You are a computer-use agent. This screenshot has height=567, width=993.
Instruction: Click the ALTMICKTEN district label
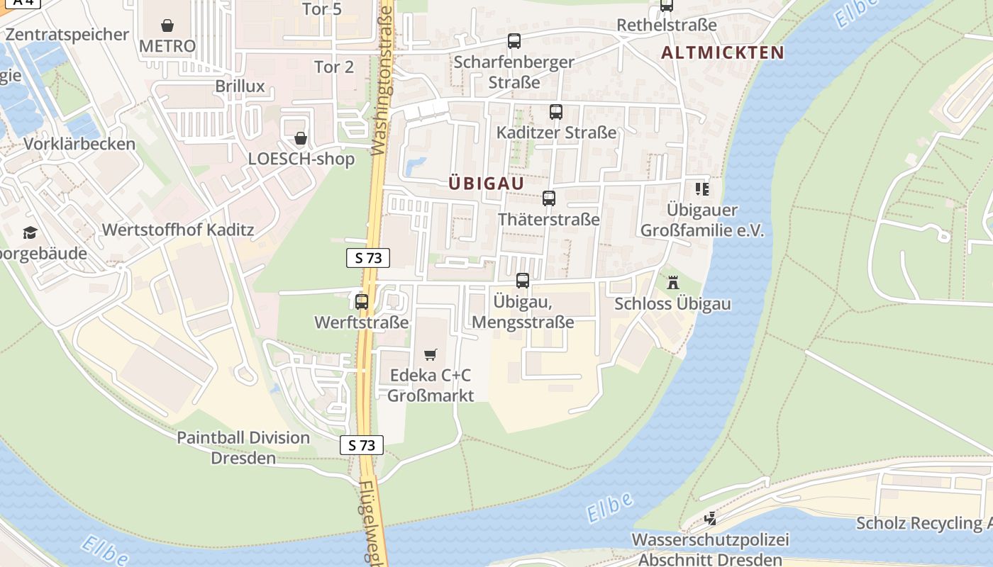point(723,52)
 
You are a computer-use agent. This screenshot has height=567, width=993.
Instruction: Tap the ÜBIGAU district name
point(487,184)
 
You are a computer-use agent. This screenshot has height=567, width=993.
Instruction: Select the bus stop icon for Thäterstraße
point(549,198)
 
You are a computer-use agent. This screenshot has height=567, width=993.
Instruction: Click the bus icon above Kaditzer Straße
point(556,112)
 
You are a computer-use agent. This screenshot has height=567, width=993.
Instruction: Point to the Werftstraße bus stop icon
point(362,302)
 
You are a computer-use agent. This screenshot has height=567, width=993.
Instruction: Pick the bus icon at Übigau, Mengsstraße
point(523,281)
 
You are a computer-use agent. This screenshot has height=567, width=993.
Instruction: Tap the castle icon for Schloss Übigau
point(673,283)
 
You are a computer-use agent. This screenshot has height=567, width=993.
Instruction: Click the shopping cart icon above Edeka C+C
point(431,354)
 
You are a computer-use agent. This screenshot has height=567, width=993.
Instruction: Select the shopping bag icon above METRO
point(167,26)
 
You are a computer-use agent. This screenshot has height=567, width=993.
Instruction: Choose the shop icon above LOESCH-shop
point(301,138)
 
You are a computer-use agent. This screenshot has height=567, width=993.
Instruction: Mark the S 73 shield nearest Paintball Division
point(362,445)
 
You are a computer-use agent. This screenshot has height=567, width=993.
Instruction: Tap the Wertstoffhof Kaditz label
point(178,230)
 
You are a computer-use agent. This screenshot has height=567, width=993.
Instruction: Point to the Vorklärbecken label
point(79,144)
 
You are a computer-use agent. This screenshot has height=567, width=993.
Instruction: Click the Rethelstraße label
point(667,26)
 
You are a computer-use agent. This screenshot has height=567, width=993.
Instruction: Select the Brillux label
point(240,86)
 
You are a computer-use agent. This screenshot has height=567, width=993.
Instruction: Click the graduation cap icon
point(30,232)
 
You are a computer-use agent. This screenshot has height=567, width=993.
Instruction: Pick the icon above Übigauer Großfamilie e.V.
point(702,189)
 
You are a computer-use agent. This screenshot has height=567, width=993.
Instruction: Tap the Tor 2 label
point(334,67)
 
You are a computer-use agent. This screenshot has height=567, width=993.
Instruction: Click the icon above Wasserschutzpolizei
point(710,519)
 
